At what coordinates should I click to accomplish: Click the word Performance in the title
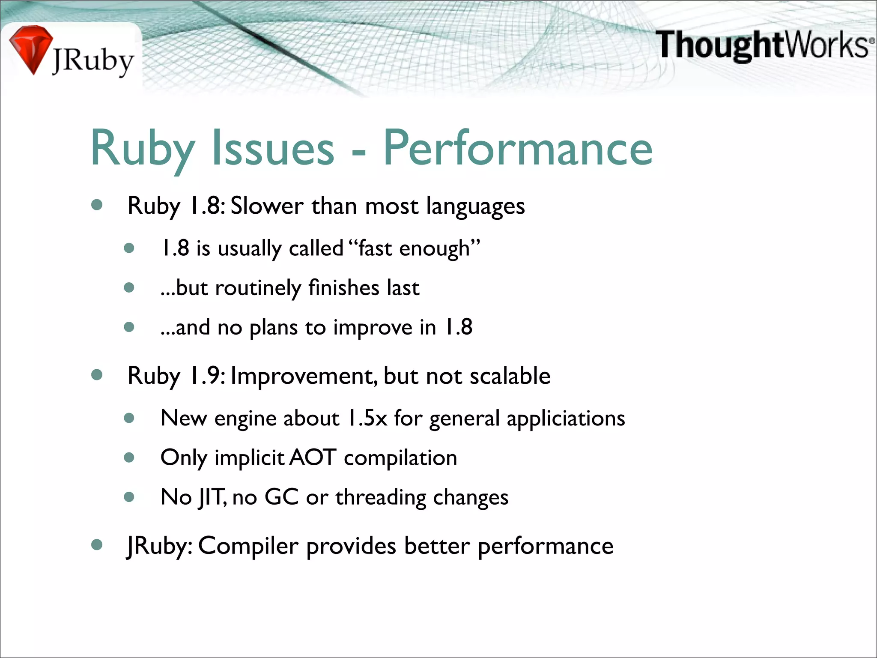click(x=517, y=148)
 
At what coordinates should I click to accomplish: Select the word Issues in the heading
click(x=273, y=148)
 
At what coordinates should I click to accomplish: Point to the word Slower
click(x=267, y=206)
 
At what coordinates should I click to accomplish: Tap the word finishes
click(x=343, y=287)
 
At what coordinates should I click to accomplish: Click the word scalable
click(x=510, y=376)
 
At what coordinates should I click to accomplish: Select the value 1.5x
click(x=367, y=418)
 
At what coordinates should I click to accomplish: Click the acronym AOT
click(x=313, y=458)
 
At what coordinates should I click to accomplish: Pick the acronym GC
click(x=281, y=497)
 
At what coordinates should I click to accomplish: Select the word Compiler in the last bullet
click(x=248, y=546)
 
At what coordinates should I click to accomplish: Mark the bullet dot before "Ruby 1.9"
click(x=97, y=375)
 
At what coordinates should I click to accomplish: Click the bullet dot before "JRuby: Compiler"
click(x=97, y=545)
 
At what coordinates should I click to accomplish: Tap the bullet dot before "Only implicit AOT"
click(x=129, y=458)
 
